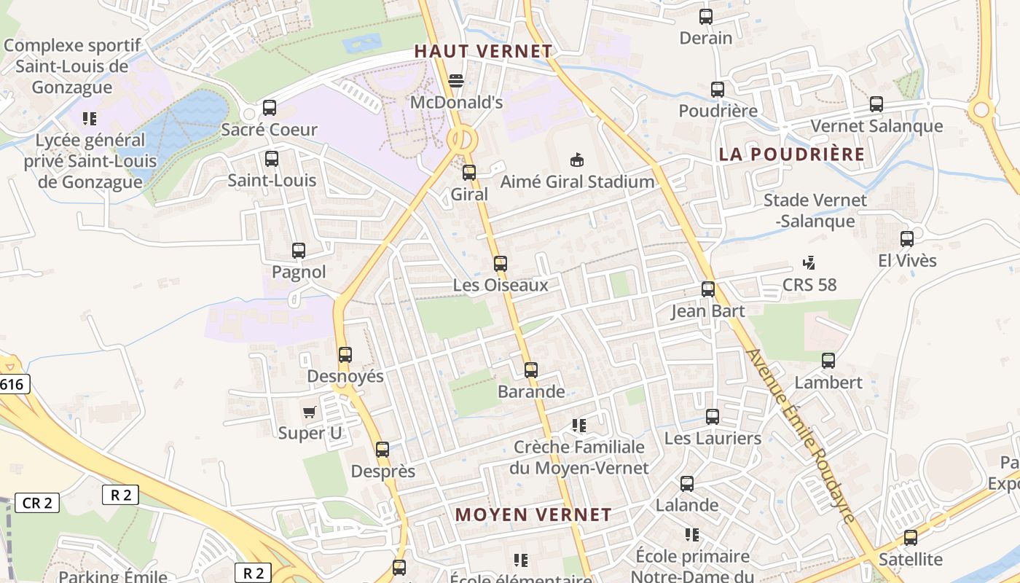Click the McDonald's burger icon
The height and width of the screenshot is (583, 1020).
[x=456, y=80]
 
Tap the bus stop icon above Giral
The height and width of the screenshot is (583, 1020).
[x=469, y=173]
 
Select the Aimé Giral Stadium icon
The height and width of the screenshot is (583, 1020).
[x=577, y=160]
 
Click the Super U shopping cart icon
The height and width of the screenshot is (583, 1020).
[x=310, y=412]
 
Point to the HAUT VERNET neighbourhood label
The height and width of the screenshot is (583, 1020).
[x=483, y=51]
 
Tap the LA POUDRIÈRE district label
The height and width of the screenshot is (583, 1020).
[x=791, y=154]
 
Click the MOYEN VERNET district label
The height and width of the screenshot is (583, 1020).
[x=533, y=514]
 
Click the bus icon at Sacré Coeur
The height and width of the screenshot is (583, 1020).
[x=270, y=108]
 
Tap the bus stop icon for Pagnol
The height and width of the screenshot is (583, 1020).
[x=299, y=251]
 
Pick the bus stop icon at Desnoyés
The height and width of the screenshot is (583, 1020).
[x=345, y=355]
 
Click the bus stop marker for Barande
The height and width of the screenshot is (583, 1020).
[x=531, y=370]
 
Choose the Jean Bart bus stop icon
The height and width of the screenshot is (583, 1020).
[x=708, y=289]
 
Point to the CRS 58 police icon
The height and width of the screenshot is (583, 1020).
[x=809, y=262]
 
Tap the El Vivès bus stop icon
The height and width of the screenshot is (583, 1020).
[x=907, y=239]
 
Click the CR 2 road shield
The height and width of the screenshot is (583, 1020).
[x=37, y=503]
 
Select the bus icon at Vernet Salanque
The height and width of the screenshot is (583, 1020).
[x=876, y=104]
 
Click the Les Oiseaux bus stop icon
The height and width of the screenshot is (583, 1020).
[x=501, y=264]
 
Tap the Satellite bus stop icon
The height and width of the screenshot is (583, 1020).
[x=911, y=538]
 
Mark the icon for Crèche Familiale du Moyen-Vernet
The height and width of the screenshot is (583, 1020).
[x=579, y=425]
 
